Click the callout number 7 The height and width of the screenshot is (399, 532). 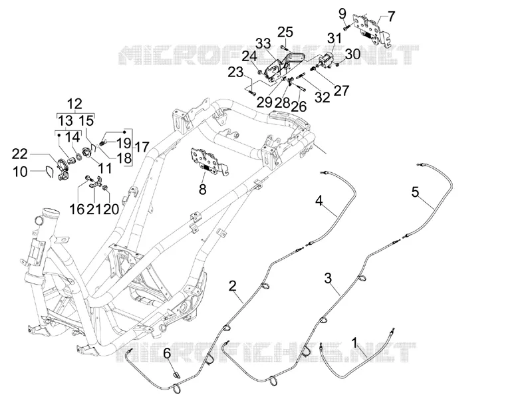tap(391, 16)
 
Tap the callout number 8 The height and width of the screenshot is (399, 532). tap(203, 190)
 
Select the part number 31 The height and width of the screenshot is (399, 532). tap(335, 39)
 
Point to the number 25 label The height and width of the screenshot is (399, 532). tap(285, 33)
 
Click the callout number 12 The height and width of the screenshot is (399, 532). tap(74, 104)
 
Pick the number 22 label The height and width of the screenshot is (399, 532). tap(20, 154)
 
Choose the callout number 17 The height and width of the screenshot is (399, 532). tap(142, 147)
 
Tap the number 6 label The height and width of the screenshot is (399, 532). tap(168, 353)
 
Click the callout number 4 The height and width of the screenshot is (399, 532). tap(319, 201)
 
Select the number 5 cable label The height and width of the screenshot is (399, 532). tap(415, 192)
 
